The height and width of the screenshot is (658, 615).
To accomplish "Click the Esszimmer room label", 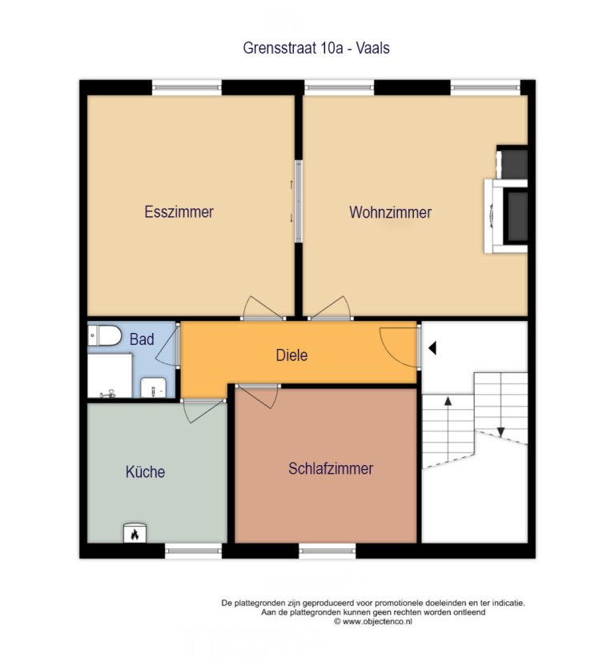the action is tap(179, 212).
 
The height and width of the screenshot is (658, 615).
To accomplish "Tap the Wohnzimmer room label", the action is tap(390, 212).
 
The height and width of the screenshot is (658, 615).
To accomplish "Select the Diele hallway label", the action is tap(291, 355).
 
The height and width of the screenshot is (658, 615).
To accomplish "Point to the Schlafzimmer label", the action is tap(331, 469).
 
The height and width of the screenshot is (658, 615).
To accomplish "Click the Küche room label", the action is tap(145, 472).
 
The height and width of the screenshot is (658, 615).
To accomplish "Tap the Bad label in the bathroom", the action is tap(142, 339).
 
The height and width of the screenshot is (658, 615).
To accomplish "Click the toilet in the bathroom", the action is tap(105, 335).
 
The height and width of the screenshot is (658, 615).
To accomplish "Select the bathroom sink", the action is tap(153, 387).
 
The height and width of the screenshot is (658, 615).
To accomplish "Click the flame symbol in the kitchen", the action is tap(135, 534).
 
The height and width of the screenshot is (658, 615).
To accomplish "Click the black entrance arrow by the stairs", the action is tap(432, 348).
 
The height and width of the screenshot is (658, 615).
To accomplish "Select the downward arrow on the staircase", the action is tap(500, 405).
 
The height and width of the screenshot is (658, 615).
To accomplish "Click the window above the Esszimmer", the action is tap(187, 88).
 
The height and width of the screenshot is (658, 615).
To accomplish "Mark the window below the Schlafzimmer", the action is tap(327, 551).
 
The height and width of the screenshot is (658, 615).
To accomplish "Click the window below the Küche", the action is tap(193, 551).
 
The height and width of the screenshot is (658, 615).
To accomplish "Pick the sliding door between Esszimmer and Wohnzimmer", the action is tap(299, 202).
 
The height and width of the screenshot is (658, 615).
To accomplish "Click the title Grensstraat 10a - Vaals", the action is tap(316, 48).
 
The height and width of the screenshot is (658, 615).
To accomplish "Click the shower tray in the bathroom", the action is tap(110, 375).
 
